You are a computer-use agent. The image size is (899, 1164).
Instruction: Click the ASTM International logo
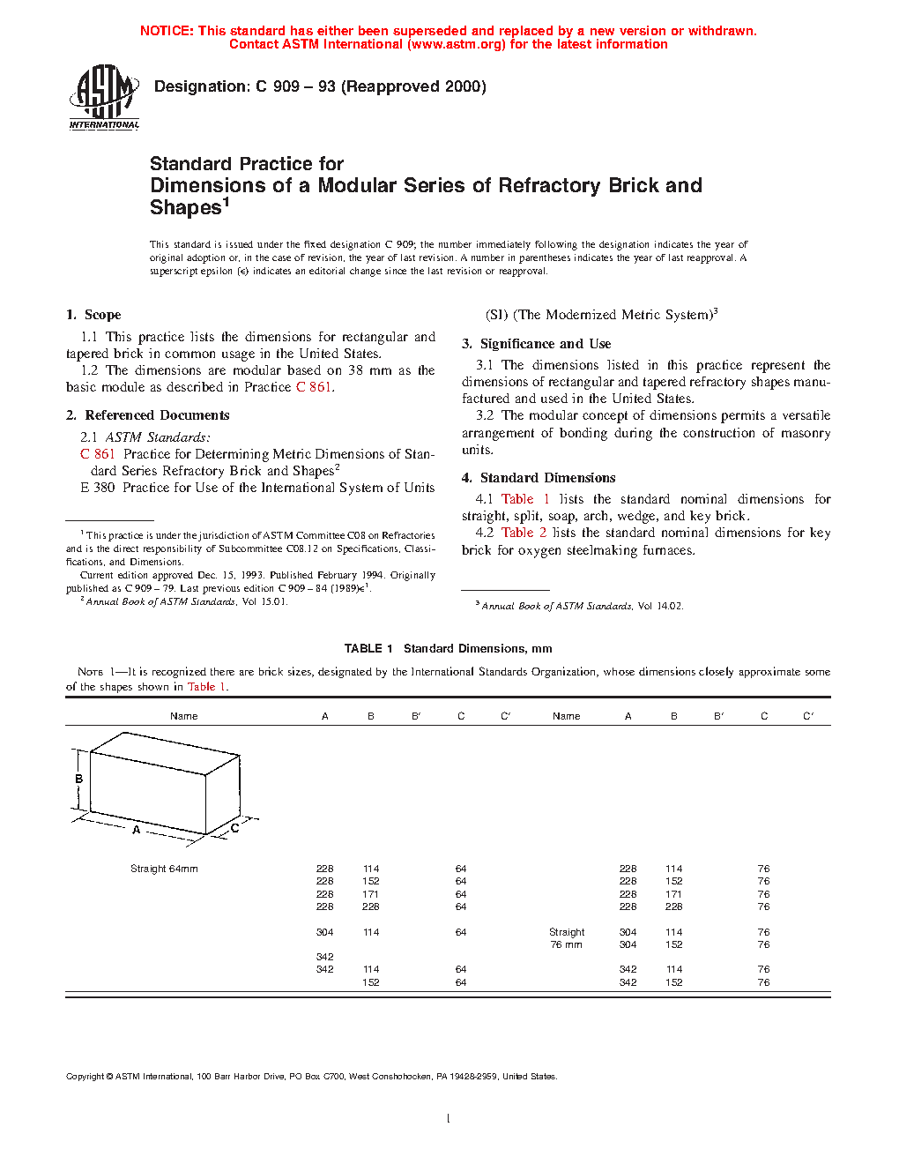[104, 97]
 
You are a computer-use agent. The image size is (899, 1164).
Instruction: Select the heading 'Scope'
[102, 315]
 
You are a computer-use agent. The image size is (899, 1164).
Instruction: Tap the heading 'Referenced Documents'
[157, 415]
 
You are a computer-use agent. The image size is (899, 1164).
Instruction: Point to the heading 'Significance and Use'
[545, 344]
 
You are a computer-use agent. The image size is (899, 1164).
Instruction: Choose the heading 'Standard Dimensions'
[547, 478]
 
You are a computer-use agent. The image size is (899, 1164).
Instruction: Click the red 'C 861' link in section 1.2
[314, 387]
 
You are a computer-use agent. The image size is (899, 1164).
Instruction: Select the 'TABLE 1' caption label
[368, 648]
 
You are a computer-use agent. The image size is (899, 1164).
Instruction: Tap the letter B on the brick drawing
[79, 779]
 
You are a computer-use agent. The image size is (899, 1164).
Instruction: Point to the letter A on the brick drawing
[137, 830]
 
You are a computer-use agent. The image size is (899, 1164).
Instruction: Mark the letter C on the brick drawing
[234, 829]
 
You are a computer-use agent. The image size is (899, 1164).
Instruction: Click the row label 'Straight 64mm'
[164, 869]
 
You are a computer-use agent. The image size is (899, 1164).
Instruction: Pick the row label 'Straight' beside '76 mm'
[567, 932]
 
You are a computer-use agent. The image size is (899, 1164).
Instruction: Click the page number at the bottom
[449, 1119]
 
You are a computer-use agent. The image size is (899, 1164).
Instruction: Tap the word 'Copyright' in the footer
[85, 1076]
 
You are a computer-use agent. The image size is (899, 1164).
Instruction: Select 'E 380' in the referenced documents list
[98, 488]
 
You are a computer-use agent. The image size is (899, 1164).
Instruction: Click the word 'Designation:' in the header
[202, 86]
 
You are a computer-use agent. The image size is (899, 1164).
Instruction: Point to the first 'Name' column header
[183, 716]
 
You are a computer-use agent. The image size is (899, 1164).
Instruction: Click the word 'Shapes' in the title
[185, 208]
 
